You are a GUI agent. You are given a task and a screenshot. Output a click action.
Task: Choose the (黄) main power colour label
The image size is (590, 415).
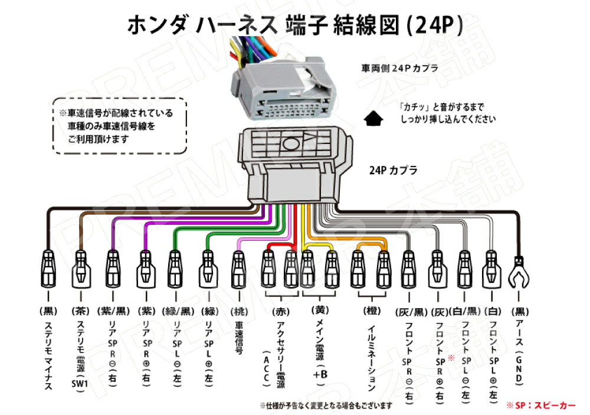click(319, 308)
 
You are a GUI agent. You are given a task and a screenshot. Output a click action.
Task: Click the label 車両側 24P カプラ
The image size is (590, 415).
click(399, 68)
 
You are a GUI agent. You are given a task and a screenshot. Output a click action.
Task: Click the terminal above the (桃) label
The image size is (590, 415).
click(238, 269)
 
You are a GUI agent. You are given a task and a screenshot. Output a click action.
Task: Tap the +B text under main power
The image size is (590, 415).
click(319, 374)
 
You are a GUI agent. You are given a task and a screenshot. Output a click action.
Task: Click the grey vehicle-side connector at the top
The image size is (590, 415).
click(282, 89)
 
